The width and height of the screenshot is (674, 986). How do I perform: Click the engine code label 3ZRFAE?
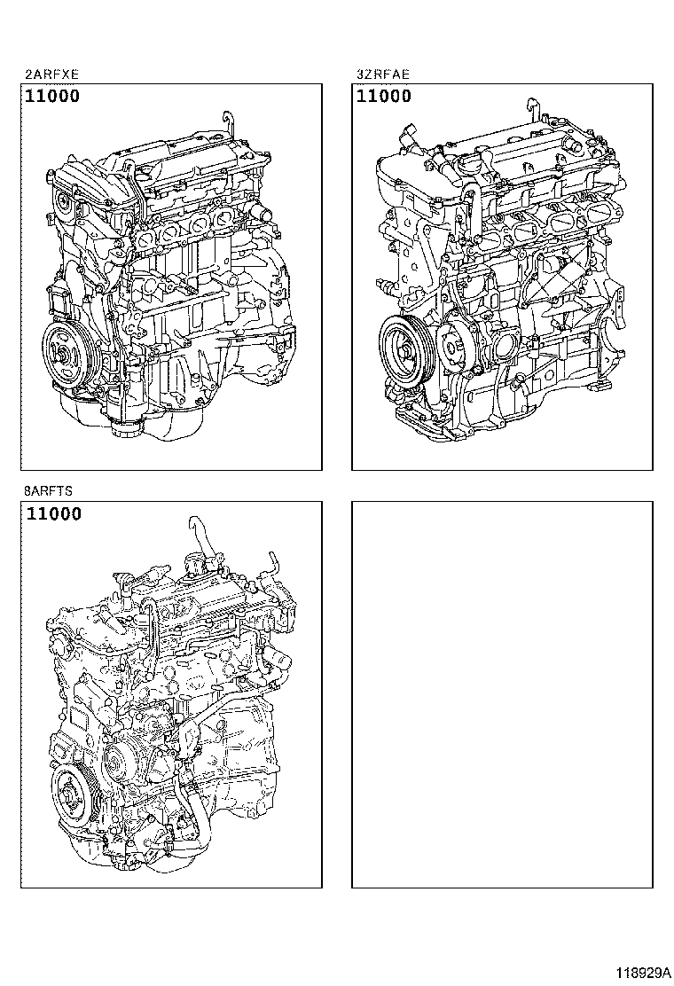pos(384,75)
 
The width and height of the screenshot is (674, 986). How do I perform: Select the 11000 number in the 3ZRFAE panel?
pos(384,97)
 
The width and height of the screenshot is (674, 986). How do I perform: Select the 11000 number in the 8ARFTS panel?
pos(54,513)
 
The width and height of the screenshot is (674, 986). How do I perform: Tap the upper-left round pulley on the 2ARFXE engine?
pos(65,203)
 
